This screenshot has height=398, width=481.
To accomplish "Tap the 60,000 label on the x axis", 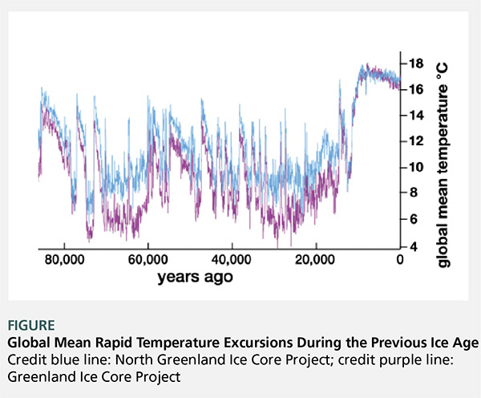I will (x=147, y=260).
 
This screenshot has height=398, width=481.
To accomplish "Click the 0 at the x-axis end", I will (x=400, y=260).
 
